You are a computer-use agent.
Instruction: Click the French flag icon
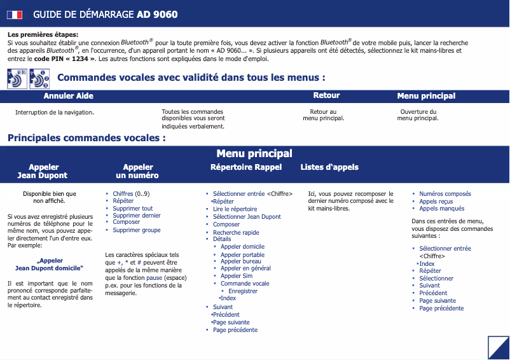(x=15, y=14)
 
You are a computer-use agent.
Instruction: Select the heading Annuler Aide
(x=68, y=96)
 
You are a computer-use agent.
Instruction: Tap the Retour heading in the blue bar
(x=326, y=95)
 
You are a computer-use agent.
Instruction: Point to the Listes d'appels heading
(x=329, y=167)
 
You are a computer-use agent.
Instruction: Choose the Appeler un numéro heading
(x=137, y=171)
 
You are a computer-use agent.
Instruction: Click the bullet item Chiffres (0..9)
(x=131, y=194)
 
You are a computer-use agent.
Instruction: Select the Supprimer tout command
(x=132, y=209)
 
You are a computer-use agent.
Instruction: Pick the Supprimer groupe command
(x=136, y=230)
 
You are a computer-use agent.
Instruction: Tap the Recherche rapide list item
(x=236, y=233)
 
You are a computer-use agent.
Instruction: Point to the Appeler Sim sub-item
(x=236, y=276)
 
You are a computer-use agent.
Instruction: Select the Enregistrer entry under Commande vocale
(x=243, y=291)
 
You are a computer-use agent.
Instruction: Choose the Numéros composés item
(x=445, y=194)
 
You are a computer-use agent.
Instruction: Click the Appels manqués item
(x=441, y=209)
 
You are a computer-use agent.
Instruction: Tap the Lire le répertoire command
(x=235, y=209)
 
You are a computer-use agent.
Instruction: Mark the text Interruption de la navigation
(x=55, y=113)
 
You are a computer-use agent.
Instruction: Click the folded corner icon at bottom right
(x=498, y=347)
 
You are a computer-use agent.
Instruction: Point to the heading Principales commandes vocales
(x=86, y=137)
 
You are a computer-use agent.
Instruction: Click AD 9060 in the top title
(x=157, y=14)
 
